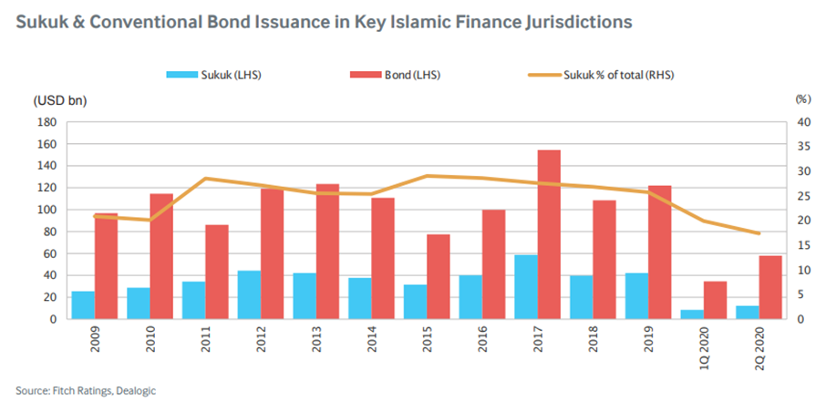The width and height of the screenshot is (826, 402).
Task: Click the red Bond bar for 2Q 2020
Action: pyautogui.click(x=771, y=287)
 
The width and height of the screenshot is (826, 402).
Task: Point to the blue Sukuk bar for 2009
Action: pyautogui.click(x=83, y=305)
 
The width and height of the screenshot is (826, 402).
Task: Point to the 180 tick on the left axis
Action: pyautogui.click(x=46, y=122)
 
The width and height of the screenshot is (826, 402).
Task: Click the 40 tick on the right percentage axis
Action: pyautogui.click(x=802, y=122)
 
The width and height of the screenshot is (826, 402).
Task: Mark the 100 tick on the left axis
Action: pyautogui.click(x=46, y=210)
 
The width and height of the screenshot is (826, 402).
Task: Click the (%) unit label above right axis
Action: pyautogui.click(x=802, y=99)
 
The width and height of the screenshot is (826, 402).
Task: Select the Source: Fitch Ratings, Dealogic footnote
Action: pyautogui.click(x=79, y=389)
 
